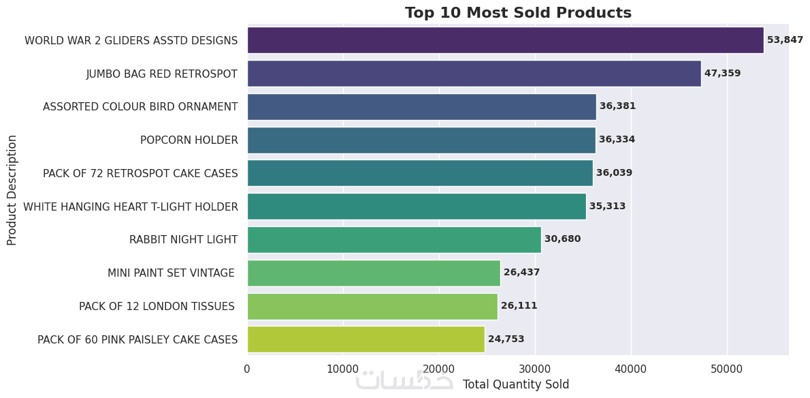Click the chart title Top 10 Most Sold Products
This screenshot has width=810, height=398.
518,13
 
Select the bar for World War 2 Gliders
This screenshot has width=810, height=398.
505,40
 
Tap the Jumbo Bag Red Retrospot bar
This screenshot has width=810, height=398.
474,74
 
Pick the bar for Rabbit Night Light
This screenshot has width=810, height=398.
394,240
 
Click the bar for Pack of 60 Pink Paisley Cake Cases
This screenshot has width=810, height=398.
366,339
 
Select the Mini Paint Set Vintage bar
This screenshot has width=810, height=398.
374,273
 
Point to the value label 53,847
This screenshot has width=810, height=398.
785,40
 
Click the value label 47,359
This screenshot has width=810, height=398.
722,74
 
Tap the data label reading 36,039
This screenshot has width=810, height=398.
614,173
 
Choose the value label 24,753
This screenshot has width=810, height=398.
506,339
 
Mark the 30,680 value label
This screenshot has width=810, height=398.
562,239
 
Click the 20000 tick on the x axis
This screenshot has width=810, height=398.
439,369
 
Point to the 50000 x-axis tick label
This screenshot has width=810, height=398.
727,369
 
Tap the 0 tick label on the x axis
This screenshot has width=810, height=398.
247,369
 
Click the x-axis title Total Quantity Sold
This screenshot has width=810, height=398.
516,384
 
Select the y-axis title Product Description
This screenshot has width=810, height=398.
12,190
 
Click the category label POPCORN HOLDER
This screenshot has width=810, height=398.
189,140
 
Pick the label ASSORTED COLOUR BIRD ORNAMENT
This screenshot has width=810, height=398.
140,107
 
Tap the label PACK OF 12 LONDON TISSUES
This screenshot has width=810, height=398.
157,307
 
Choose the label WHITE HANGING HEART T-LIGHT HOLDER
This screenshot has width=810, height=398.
131,206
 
